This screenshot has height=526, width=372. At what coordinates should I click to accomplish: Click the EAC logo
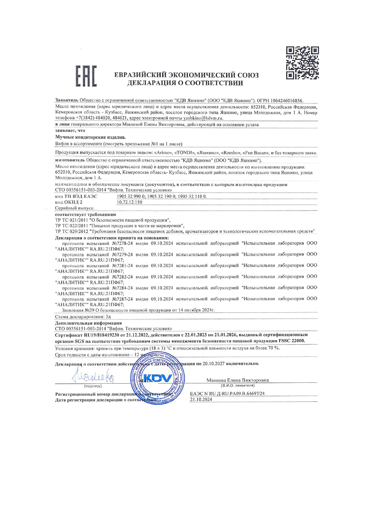tap(86, 76)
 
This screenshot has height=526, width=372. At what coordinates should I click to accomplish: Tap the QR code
tap(302, 63)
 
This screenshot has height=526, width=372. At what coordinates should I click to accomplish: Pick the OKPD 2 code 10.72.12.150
tap(129, 202)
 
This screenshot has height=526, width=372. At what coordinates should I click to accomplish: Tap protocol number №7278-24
tap(122, 243)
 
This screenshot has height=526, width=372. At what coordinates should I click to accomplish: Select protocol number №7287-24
tap(122, 299)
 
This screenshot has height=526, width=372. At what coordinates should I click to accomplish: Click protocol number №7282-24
tap(122, 277)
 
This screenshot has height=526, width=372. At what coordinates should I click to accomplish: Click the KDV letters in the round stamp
tap(158, 378)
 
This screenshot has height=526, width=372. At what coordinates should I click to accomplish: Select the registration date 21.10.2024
tap(201, 400)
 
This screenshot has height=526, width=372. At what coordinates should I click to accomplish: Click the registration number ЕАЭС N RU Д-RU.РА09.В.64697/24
tap(227, 394)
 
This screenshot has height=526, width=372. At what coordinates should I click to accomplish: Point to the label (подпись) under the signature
tap(93, 386)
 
